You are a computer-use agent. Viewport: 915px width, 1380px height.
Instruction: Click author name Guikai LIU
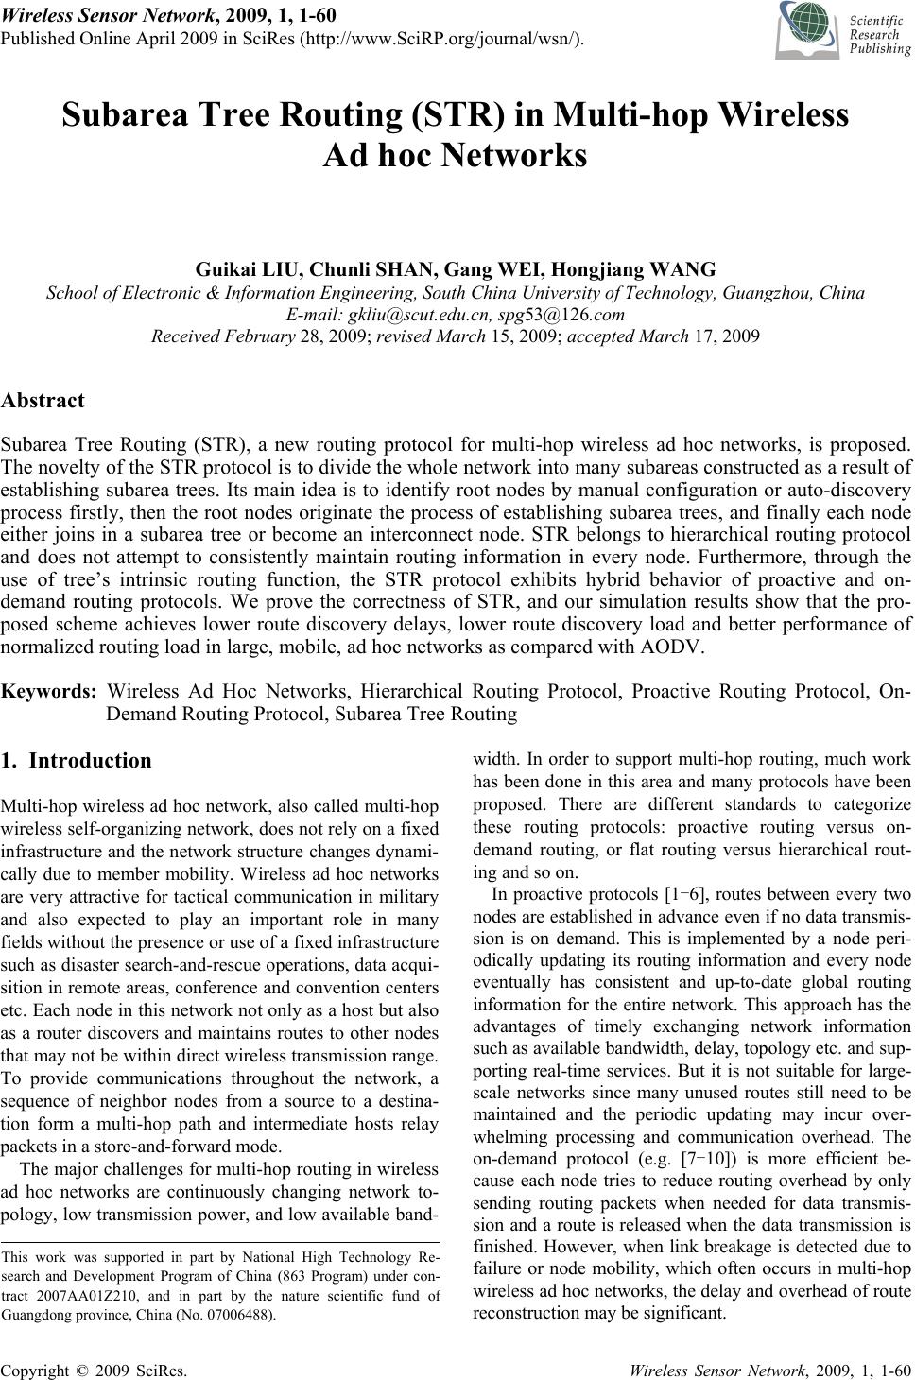[248, 269]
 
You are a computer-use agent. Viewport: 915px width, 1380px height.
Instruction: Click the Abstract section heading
[43, 400]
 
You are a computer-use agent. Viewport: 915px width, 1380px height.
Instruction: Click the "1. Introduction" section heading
[77, 760]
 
